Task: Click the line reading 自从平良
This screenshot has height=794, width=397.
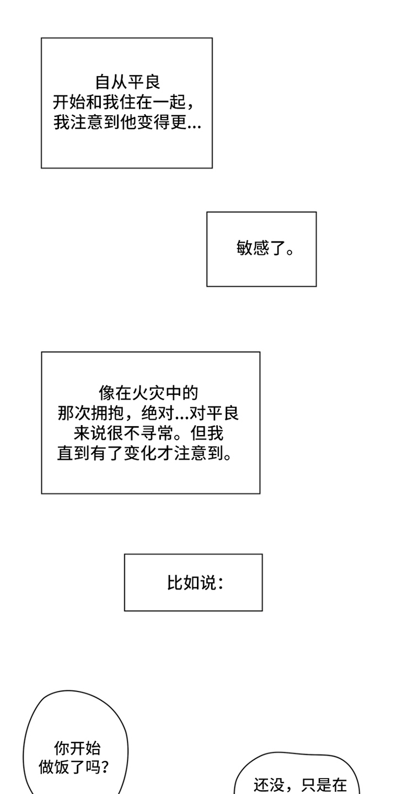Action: (127, 82)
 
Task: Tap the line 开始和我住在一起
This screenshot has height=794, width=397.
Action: (126, 102)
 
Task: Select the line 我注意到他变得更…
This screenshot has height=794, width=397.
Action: (127, 122)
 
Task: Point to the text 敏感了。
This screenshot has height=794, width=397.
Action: (265, 249)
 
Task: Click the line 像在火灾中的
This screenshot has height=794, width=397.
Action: (148, 393)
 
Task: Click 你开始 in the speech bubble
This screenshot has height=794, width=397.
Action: (77, 748)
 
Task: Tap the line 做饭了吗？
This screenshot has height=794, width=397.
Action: (74, 767)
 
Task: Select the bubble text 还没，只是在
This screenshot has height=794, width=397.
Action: (300, 784)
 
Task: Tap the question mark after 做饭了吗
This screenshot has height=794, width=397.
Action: (104, 767)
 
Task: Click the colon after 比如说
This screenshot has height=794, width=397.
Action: (221, 583)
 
